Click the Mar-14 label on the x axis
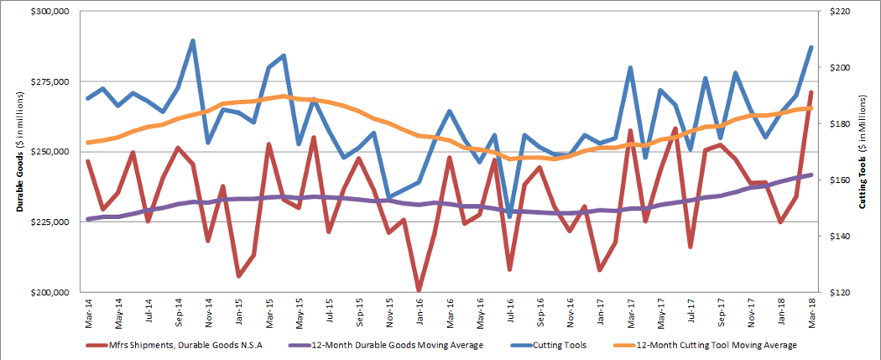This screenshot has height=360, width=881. (x=87, y=312)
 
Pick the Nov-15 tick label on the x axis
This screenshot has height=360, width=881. (x=389, y=312)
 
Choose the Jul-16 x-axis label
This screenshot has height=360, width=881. (x=510, y=312)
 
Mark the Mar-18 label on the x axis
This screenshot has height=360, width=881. (x=811, y=312)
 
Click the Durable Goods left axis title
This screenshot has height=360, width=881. (x=14, y=152)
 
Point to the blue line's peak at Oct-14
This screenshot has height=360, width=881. (x=193, y=40)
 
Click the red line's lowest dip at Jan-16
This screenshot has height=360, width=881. (x=419, y=291)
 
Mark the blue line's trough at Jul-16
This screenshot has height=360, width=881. (x=509, y=217)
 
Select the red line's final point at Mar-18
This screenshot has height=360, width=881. (x=811, y=92)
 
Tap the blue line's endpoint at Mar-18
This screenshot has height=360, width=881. (x=811, y=47)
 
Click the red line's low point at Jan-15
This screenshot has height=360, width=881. (x=238, y=275)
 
